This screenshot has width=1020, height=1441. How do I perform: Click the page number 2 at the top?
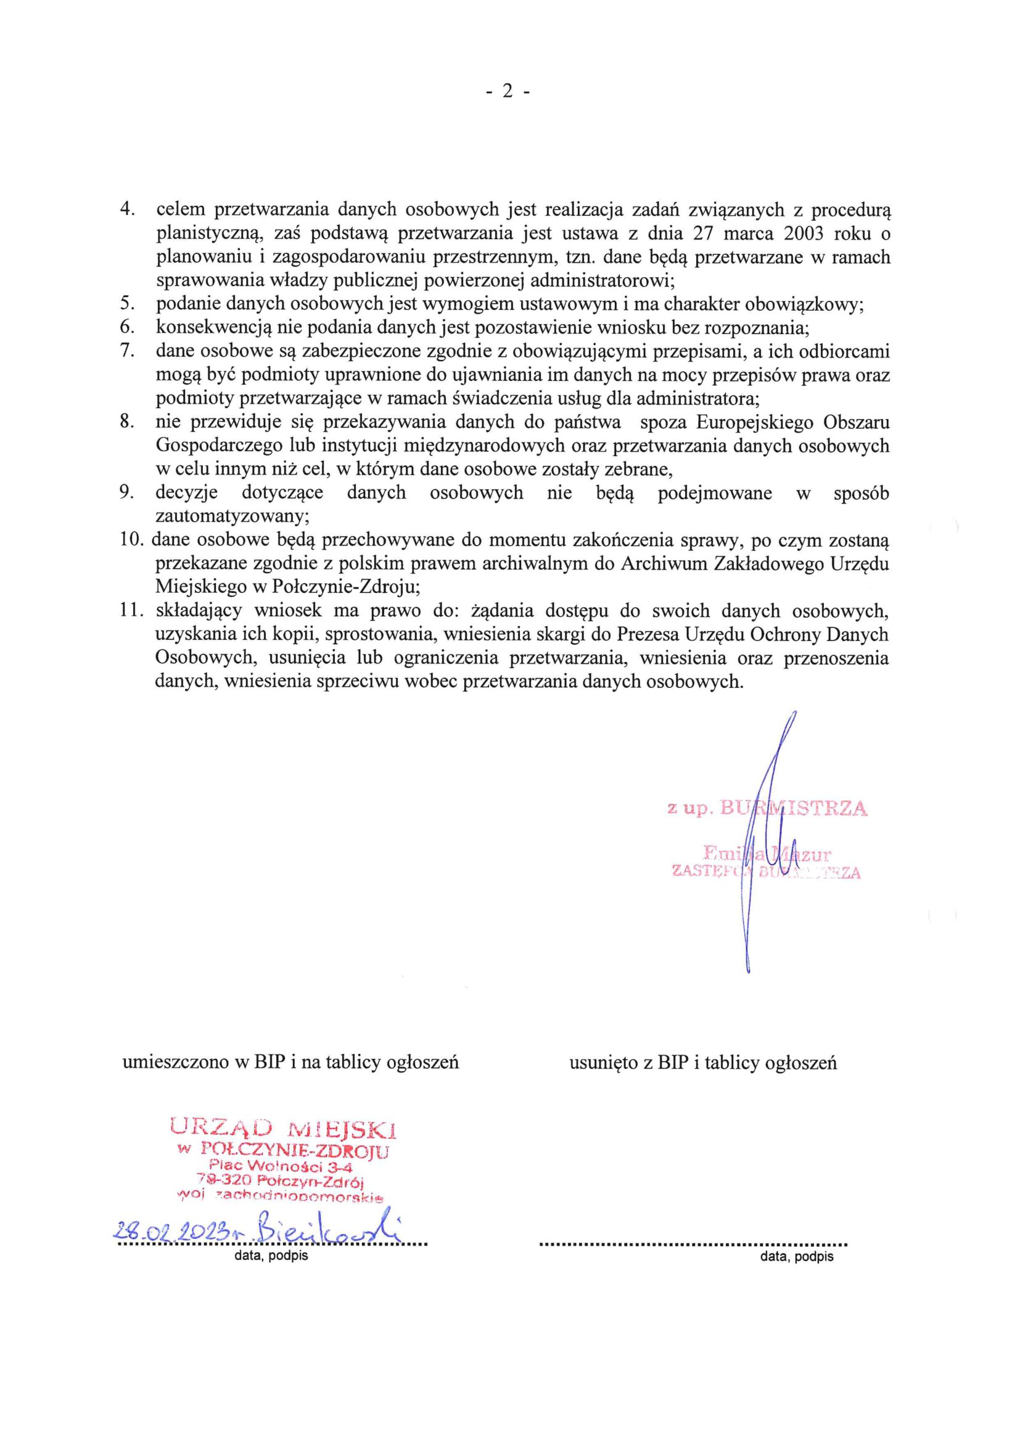pos(508,92)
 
